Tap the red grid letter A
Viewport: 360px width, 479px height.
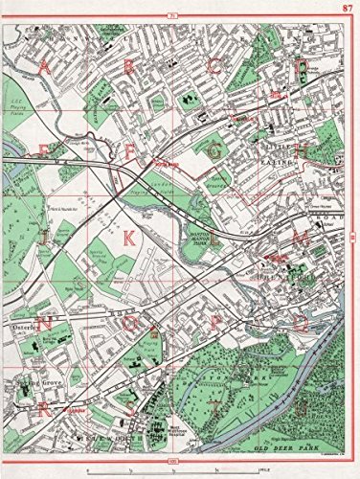coord(45,66)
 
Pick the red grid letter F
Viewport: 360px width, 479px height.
coord(130,150)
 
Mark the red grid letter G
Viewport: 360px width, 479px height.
coord(215,150)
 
